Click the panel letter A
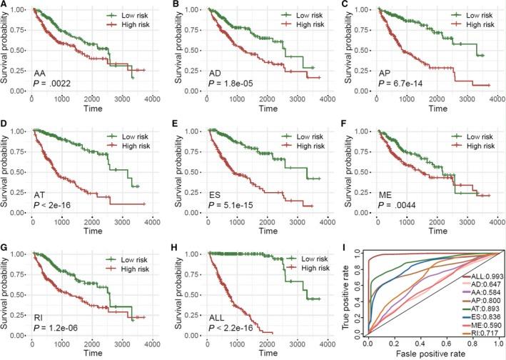click(x=4, y=5)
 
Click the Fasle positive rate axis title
click(x=428, y=354)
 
